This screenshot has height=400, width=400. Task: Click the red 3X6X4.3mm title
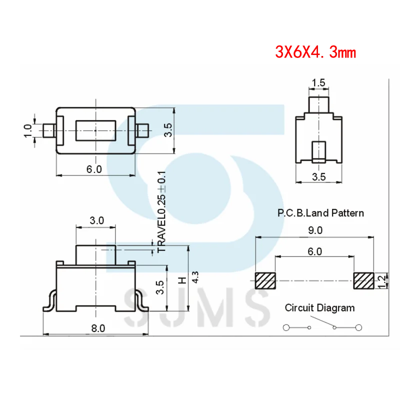pos(315,52)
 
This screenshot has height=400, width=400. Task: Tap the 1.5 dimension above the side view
pos(318,83)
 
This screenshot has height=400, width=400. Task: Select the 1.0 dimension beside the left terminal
pos(27,131)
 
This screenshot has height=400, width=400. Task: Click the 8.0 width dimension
pos(98,328)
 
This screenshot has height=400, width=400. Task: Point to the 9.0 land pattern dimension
pos(315,230)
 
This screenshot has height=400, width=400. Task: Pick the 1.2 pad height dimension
pos(382,281)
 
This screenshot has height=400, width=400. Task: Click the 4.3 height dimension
pos(195,277)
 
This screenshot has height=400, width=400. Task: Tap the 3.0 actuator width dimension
pos(96,220)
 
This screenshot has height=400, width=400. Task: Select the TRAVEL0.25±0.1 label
pos(161,212)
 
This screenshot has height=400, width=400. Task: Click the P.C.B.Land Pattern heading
pos(320,213)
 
